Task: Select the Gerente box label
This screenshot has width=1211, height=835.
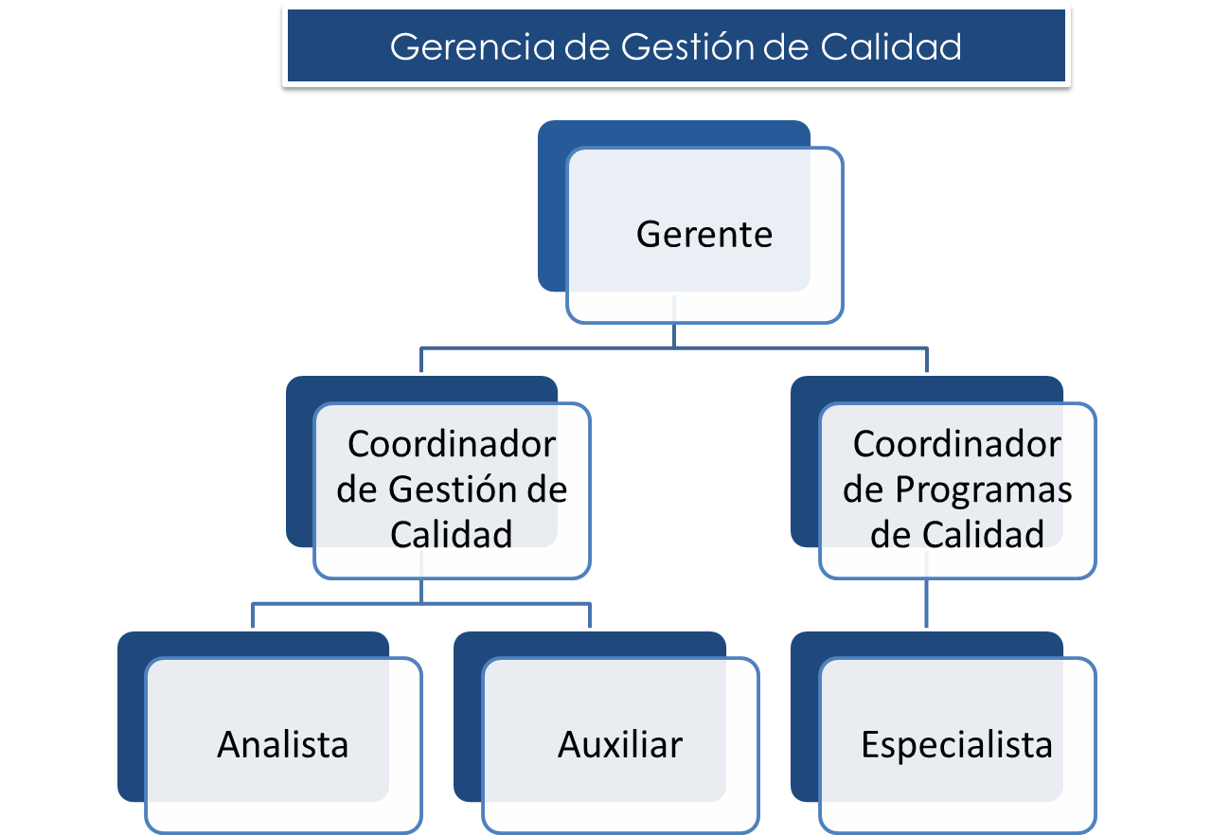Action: (x=704, y=234)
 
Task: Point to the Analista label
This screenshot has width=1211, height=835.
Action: (x=283, y=744)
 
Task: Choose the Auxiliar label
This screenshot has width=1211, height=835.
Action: (x=620, y=744)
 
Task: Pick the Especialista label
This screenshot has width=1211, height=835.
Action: (x=956, y=744)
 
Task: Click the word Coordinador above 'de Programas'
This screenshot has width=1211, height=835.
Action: (x=956, y=444)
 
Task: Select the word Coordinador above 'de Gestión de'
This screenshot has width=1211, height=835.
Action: (x=452, y=444)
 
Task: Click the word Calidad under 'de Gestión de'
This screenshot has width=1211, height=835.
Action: (x=452, y=535)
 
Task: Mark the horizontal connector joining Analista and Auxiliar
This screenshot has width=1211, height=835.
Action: (x=421, y=603)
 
